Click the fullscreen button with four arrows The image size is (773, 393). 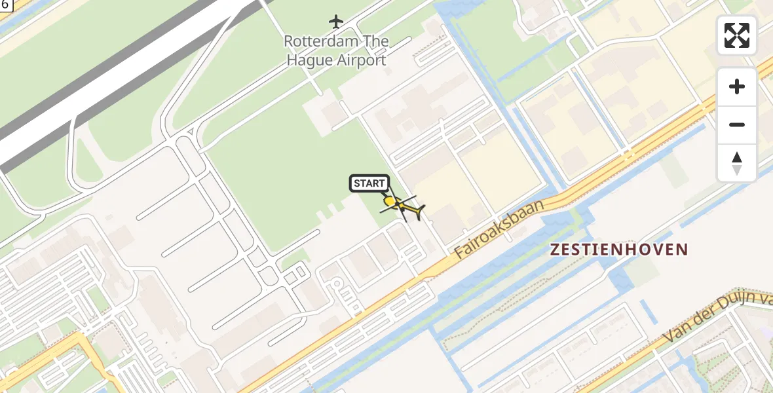click(737, 35)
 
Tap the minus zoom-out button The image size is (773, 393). click(737, 124)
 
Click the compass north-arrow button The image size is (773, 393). click(737, 163)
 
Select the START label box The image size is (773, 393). click(369, 183)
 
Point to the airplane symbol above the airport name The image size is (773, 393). click(336, 22)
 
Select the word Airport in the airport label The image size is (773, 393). click(361, 60)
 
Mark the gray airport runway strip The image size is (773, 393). click(118, 82)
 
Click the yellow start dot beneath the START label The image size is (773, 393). click(389, 201)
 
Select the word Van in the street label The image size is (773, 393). click(676, 334)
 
